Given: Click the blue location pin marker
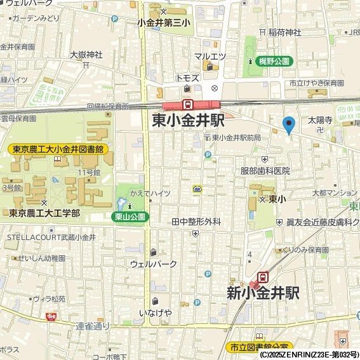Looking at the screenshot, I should [289, 124].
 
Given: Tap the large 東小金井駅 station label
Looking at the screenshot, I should [188, 121].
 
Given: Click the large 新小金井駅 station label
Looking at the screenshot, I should [263, 293].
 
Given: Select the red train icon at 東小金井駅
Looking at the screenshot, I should [188, 104].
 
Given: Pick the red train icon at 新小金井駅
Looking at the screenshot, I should [262, 277].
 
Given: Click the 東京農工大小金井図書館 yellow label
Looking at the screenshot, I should [58, 149].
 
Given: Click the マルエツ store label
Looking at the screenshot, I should [210, 57].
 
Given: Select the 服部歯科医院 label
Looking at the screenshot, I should [264, 171].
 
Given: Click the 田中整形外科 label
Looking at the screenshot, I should [196, 222].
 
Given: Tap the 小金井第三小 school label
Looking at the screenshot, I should [164, 22].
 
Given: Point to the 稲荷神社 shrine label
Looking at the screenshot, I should [283, 32].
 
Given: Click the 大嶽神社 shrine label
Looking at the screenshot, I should [86, 54].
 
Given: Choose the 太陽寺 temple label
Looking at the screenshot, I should [321, 119].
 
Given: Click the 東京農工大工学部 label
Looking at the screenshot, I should [44, 213].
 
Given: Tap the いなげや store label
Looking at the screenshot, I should [156, 312].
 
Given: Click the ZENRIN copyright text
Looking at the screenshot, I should [309, 354].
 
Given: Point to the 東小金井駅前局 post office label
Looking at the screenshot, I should [236, 138].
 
